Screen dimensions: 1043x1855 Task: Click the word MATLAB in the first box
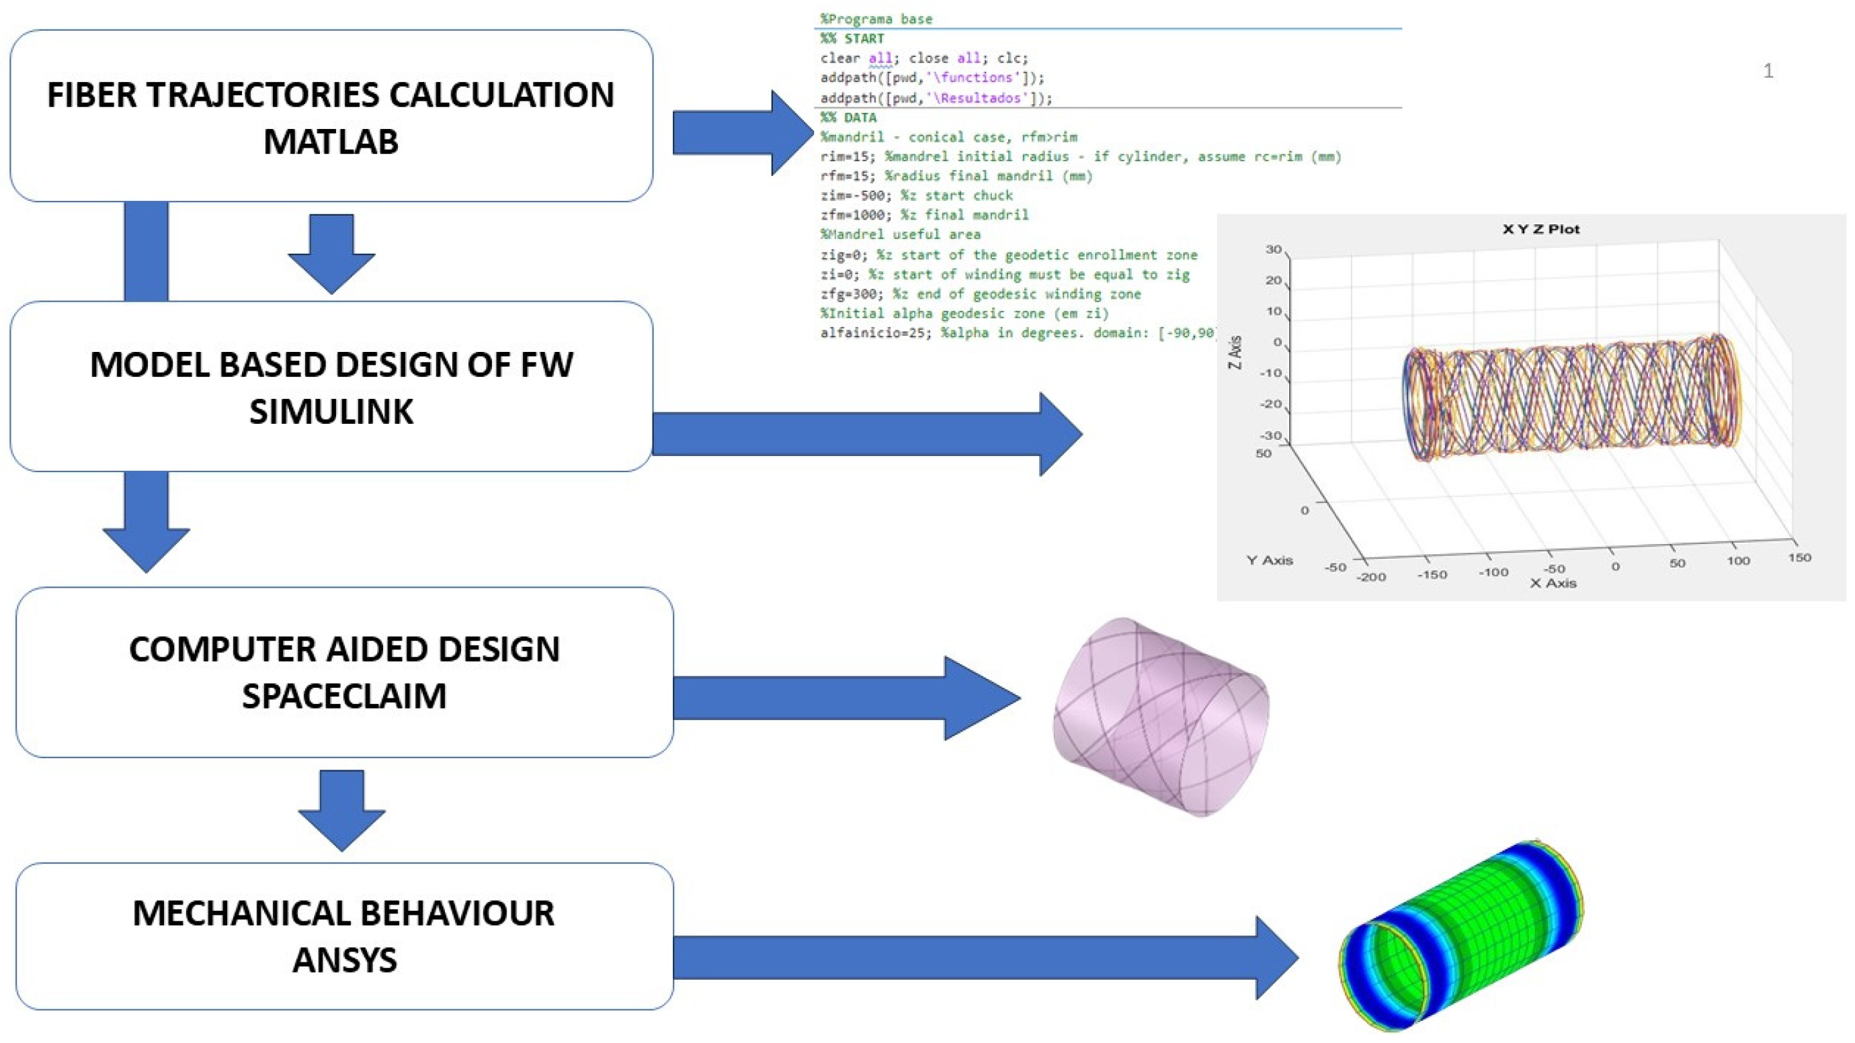click(331, 141)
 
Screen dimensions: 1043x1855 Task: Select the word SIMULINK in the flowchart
click(331, 412)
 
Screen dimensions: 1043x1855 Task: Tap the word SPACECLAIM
click(344, 696)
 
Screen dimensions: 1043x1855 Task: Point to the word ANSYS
click(344, 960)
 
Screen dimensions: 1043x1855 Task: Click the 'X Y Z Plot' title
click(1540, 230)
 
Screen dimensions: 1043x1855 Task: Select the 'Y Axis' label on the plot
click(1270, 560)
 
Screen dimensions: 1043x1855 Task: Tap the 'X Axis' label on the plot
click(1553, 584)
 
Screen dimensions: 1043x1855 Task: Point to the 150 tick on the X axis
click(1799, 558)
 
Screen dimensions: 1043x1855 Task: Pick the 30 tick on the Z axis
click(1273, 250)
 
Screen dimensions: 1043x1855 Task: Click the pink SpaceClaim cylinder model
click(1160, 715)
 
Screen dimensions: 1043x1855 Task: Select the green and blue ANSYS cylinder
click(1462, 936)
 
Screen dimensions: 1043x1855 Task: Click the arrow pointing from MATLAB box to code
click(742, 132)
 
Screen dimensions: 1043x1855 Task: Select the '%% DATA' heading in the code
click(848, 118)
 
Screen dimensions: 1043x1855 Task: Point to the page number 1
click(1768, 71)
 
